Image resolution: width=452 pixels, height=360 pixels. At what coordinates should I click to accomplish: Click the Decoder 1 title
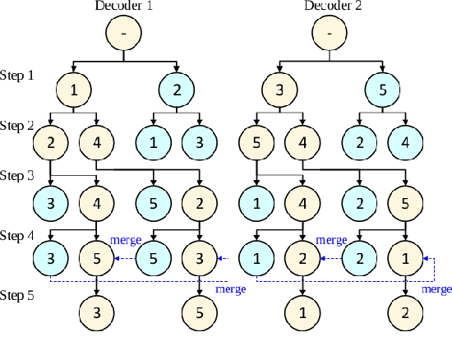pyautogui.click(x=124, y=7)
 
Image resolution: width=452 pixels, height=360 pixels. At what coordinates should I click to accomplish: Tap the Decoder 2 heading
pyautogui.click(x=330, y=7)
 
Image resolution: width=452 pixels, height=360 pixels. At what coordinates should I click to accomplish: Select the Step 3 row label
pyautogui.click(x=17, y=176)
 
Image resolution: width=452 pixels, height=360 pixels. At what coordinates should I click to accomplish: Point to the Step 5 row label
pyautogui.click(x=17, y=294)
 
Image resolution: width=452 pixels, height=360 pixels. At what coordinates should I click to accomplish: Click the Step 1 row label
pyautogui.click(x=17, y=76)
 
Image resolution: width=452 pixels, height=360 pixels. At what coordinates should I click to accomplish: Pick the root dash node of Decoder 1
pyautogui.click(x=124, y=34)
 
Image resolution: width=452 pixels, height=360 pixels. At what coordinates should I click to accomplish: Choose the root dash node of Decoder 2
pyautogui.click(x=330, y=34)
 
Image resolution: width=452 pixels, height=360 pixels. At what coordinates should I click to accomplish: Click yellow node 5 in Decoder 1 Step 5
pyautogui.click(x=200, y=312)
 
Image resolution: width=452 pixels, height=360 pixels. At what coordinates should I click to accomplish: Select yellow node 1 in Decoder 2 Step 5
pyautogui.click(x=303, y=312)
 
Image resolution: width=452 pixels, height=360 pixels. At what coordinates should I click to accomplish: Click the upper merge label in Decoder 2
pyautogui.click(x=332, y=241)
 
